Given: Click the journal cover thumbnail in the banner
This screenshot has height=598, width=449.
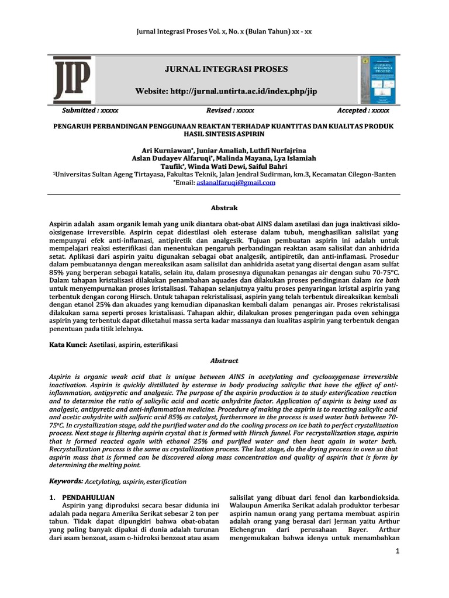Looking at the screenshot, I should [375, 79].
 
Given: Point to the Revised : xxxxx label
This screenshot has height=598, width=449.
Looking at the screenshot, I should [230, 110].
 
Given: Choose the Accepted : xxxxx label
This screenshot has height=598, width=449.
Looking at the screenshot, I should [363, 110].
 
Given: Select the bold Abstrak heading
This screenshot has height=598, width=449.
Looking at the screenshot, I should [224, 208].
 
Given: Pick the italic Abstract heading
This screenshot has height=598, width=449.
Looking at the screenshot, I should [224, 361].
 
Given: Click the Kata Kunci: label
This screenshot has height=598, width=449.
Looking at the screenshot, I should [67, 346].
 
